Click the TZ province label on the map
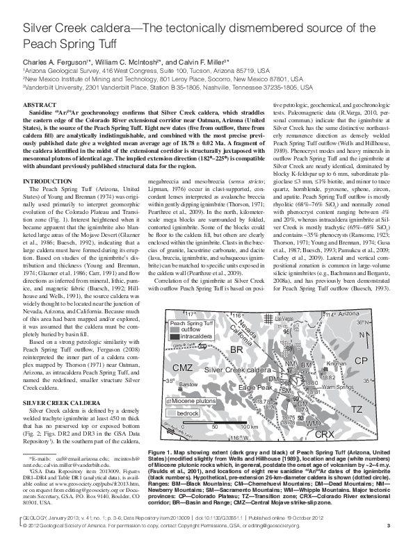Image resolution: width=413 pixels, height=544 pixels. click(x=357, y=410)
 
